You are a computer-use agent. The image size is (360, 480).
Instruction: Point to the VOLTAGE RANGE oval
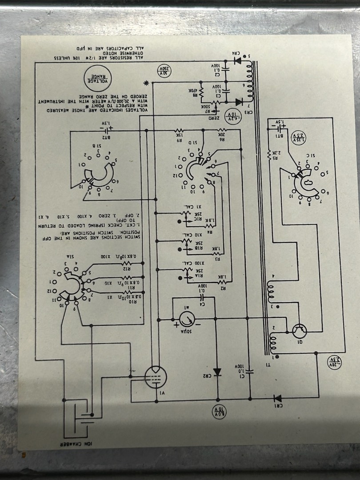point(98,78)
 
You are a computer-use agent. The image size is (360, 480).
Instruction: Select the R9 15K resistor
point(179,131)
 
